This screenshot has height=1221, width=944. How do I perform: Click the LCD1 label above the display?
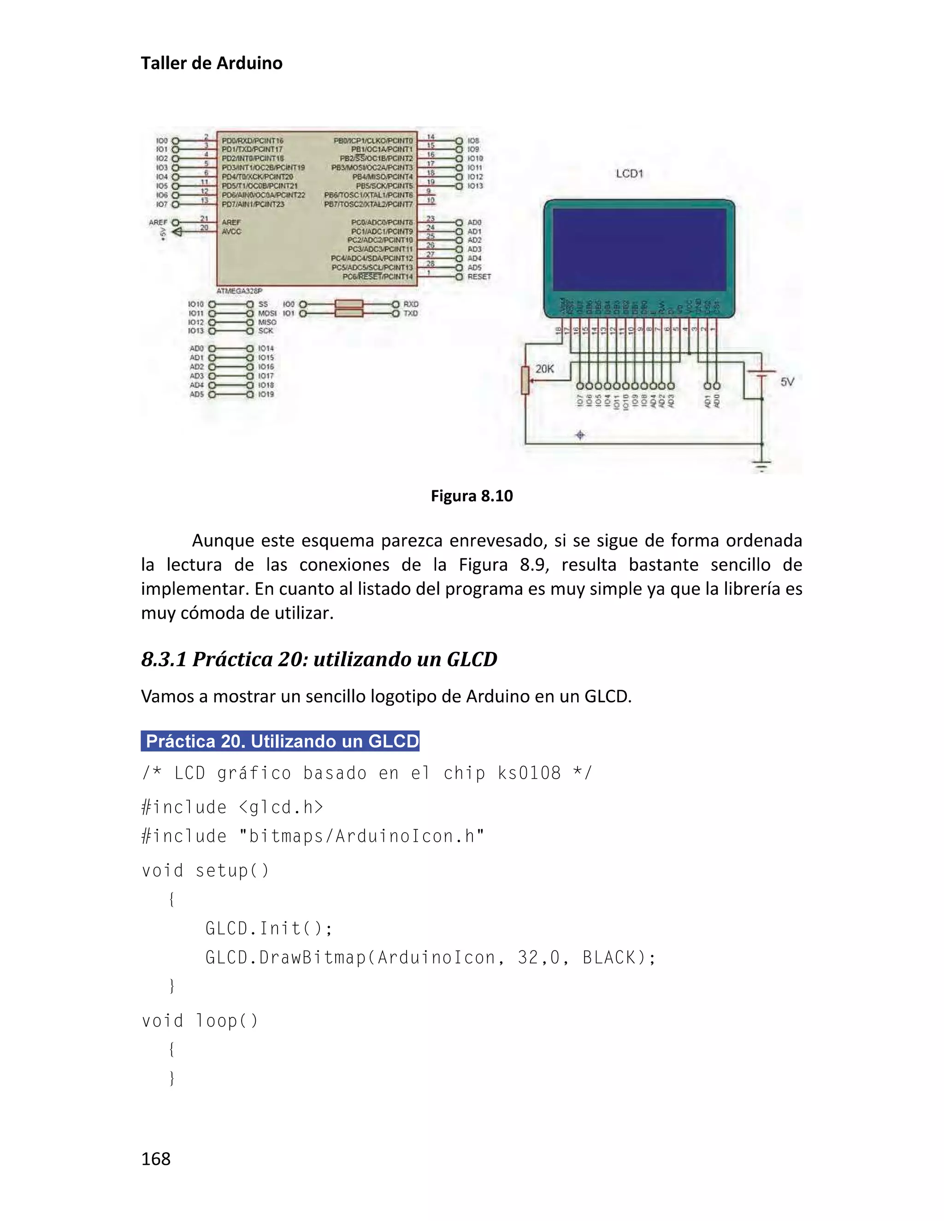629,174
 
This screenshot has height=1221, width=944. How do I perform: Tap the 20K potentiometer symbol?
525,380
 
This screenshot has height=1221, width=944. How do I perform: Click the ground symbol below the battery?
761,465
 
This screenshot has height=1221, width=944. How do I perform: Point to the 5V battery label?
787,382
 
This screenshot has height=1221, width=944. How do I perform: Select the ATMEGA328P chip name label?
239,291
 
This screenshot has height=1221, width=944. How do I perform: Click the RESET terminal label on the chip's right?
479,277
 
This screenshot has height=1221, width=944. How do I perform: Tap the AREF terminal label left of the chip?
158,223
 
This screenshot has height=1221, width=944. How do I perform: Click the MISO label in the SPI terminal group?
267,322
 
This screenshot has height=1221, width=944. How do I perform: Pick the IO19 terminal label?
266,394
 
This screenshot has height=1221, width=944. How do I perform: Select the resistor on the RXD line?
349,304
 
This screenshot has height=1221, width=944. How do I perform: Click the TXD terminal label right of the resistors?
411,313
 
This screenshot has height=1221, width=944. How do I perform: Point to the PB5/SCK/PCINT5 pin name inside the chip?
384,186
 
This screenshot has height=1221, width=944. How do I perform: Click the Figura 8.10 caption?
472,496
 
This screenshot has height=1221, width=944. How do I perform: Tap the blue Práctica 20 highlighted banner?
280,741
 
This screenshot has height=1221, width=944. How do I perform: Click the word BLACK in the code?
609,958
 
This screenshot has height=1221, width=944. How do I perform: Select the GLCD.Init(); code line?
268,928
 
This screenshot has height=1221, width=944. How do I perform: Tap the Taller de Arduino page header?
212,63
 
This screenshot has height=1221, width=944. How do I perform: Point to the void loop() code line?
200,1021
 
